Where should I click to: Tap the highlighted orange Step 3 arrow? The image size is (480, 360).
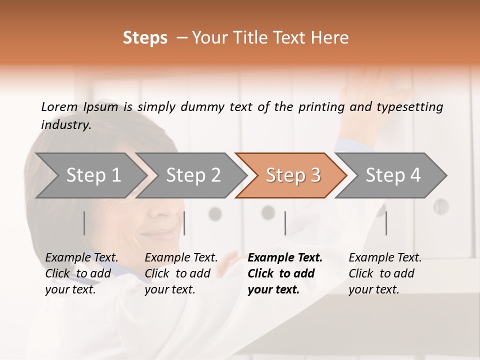(293, 175)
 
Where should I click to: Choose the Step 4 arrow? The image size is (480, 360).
(393, 175)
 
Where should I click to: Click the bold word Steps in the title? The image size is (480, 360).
(145, 38)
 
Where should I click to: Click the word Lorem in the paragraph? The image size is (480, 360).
(59, 106)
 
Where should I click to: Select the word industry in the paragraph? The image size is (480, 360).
(65, 124)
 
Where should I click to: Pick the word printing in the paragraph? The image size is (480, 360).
(322, 106)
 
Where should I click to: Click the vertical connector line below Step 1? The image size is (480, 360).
(84, 223)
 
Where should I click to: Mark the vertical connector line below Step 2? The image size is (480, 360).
(184, 223)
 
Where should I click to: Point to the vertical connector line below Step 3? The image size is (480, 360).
(285, 223)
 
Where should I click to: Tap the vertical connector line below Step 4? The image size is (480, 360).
(386, 223)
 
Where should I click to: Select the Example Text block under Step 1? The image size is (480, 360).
(81, 273)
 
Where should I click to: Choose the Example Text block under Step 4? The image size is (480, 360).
(385, 273)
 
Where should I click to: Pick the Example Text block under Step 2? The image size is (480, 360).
(181, 273)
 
